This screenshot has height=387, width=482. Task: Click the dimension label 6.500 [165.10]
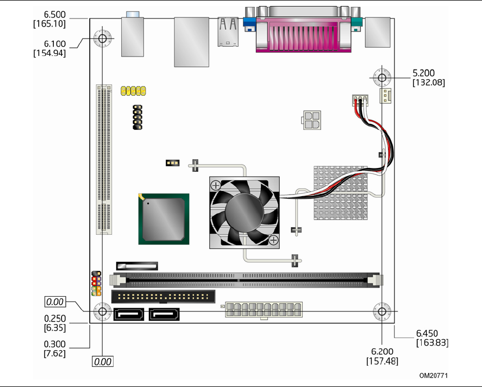click(49, 19)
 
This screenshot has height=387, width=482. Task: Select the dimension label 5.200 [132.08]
click(429, 78)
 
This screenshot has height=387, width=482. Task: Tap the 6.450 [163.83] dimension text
click(432, 338)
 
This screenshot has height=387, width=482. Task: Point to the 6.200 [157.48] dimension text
click(382, 356)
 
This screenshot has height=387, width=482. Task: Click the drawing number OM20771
click(434, 376)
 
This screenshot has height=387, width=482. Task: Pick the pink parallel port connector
click(303, 34)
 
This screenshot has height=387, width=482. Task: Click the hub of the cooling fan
click(245, 213)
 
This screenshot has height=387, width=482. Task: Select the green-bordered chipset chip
click(164, 219)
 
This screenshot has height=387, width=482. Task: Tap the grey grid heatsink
click(341, 193)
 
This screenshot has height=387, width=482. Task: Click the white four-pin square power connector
click(312, 120)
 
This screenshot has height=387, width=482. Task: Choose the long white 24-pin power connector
click(264, 310)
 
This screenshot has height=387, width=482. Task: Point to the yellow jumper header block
click(133, 91)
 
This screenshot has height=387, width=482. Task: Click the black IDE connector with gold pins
click(163, 297)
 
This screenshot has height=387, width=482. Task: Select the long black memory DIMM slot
click(248, 280)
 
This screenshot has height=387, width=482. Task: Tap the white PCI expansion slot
click(104, 160)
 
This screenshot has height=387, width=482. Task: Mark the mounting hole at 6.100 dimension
click(102, 39)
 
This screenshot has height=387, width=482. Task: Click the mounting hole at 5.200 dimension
click(382, 78)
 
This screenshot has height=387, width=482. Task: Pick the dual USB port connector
click(228, 32)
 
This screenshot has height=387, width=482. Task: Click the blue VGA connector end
click(249, 24)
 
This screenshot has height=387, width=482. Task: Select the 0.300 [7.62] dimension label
click(55, 348)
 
